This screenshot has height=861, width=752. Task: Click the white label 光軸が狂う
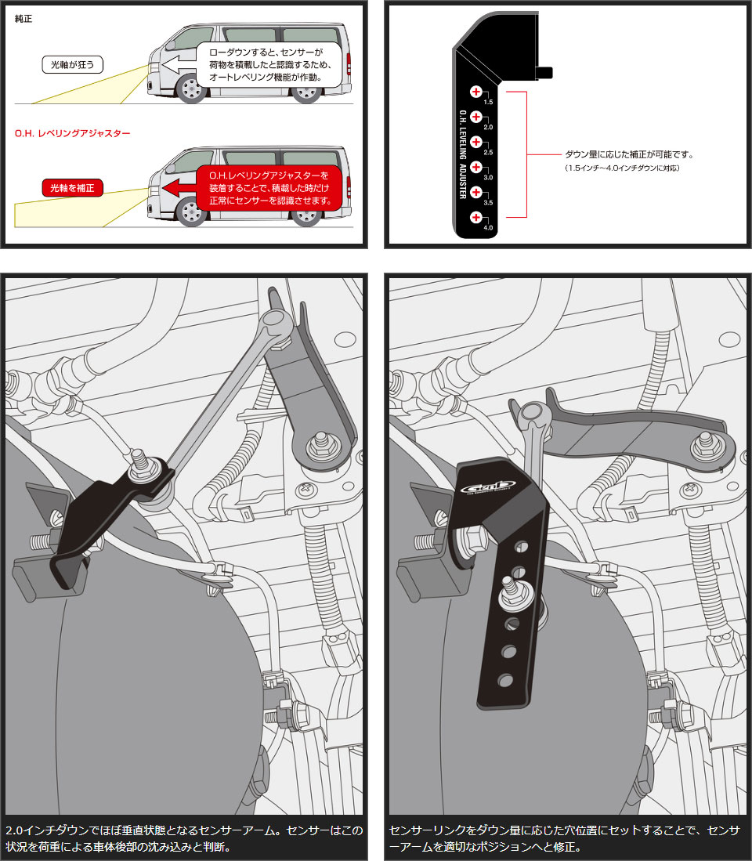[72, 65]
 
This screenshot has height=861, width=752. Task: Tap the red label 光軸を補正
[72, 188]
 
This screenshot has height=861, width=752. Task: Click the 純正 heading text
[23, 19]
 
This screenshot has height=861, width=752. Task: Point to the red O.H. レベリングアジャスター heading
[72, 133]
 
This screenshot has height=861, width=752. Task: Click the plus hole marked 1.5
[476, 92]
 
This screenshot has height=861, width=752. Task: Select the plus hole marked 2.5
[476, 142]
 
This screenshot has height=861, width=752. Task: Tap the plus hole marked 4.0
[476, 218]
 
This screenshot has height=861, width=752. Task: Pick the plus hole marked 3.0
[476, 167]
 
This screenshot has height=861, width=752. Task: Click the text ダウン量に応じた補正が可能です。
[629, 155]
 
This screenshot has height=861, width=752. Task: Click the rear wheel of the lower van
[305, 212]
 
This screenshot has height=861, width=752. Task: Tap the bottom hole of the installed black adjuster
[504, 681]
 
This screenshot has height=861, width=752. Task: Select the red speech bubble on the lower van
[269, 188]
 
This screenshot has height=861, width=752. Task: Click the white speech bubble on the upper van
[269, 65]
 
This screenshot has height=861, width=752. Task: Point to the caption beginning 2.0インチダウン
[184, 838]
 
